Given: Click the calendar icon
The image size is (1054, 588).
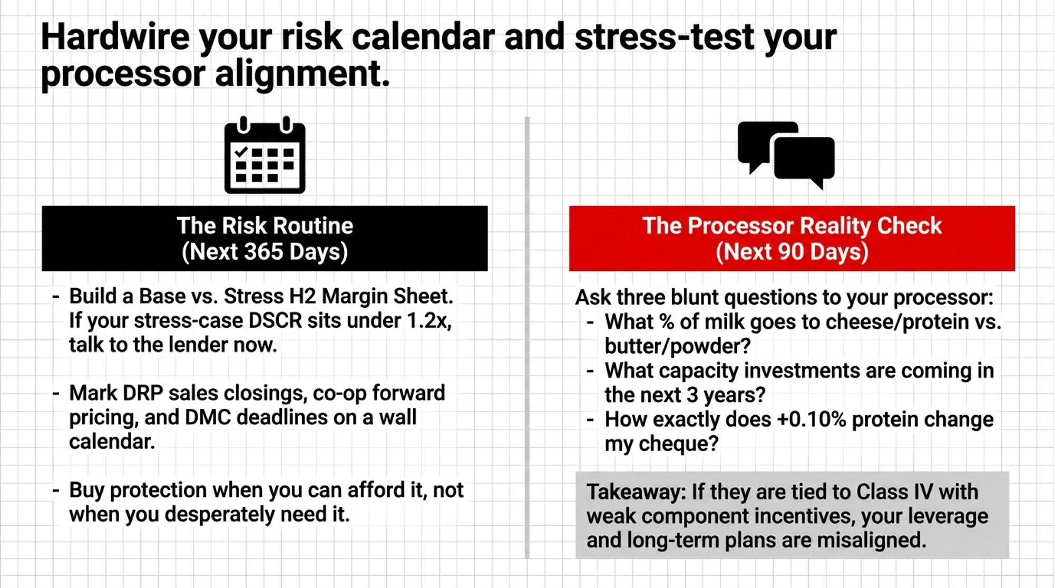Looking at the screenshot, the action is (x=265, y=155).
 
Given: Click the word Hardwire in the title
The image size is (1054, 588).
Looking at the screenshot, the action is (x=115, y=37).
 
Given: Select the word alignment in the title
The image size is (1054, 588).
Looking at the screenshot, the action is (x=302, y=74).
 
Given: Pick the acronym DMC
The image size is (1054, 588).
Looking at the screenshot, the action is (x=208, y=417).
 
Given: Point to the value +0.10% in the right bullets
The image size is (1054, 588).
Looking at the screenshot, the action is (x=811, y=419).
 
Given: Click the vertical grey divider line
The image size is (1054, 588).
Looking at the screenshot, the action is (x=527, y=337).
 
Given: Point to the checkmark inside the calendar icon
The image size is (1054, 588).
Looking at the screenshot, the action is (x=241, y=152).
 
